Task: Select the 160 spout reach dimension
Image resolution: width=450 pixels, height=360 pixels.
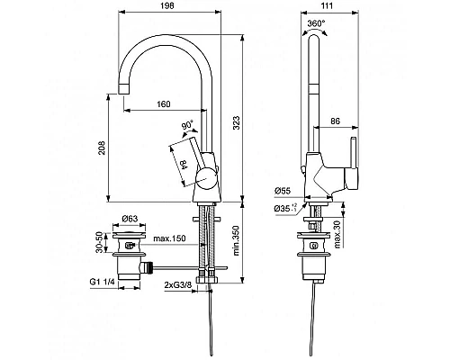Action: pyautogui.click(x=163, y=103)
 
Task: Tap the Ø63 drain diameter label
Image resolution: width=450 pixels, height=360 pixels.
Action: pyautogui.click(x=133, y=219)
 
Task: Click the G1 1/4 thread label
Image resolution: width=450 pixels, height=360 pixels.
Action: pyautogui.click(x=101, y=285)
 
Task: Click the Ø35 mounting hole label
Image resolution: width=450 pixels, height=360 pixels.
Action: pyautogui.click(x=287, y=210)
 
